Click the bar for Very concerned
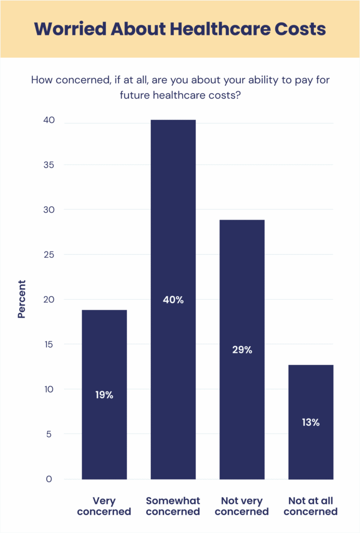[104, 354]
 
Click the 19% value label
[104, 395]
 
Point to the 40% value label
[173, 300]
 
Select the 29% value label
[242, 350]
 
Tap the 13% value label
[311, 422]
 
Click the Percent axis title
[21, 299]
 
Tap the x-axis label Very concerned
[104, 506]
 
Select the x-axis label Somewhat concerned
[173, 506]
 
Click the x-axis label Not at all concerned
[311, 506]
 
